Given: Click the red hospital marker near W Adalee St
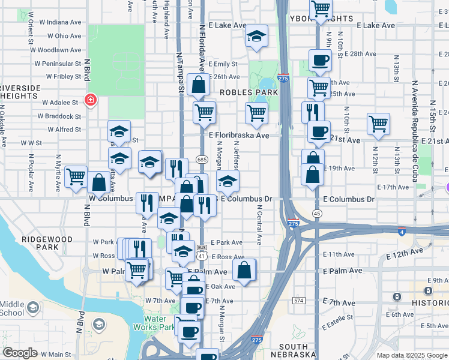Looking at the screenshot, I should pos(91,100).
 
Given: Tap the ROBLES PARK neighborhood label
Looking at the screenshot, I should pos(249,92).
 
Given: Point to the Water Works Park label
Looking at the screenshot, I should pos(158,323).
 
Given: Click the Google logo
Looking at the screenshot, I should pos(20,353).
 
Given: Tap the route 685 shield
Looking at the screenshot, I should pos(202,160).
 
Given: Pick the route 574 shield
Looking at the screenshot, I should pos(298,299).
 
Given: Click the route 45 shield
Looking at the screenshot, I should pos(316,214).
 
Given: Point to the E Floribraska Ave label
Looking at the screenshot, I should pos(239,136).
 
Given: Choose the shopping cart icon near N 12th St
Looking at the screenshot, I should pos(378,124).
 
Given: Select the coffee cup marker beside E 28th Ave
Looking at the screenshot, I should pos(319,59).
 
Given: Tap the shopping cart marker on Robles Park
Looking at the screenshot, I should pos(256,112).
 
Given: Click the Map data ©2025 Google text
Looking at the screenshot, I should pos(411,355).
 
